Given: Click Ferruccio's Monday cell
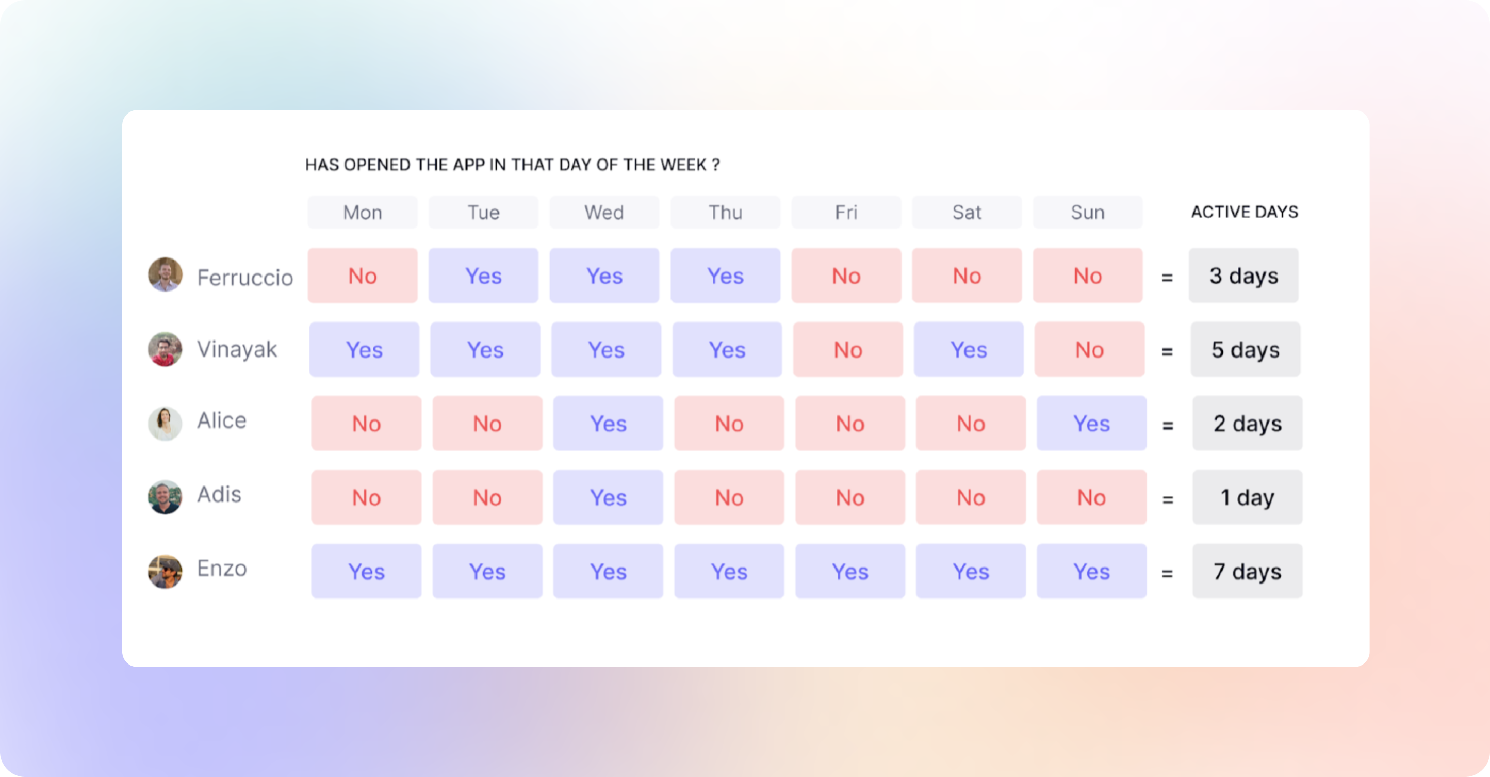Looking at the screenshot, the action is (363, 276).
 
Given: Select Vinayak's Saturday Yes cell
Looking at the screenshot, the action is (969, 349).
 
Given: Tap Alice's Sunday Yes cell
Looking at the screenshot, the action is (1091, 424).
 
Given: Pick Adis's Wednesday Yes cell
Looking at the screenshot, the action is (608, 497).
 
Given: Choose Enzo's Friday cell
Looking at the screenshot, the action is (849, 572).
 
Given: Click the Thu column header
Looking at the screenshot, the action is (725, 213).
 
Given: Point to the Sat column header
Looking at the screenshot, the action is (967, 213).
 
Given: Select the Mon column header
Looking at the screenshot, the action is (363, 213).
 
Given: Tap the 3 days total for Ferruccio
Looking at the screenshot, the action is (1243, 276).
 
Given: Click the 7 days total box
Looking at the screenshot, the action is (1248, 572).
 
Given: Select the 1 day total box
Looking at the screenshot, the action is (1248, 497).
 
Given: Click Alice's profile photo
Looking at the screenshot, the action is (165, 423).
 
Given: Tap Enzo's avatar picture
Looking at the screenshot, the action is (165, 572).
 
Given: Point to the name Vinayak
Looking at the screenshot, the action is (237, 350).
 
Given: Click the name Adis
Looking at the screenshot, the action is (219, 495).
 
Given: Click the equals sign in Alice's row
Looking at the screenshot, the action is (1168, 425).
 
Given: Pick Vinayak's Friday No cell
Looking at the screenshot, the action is (848, 349).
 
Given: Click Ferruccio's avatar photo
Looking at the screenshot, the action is (165, 275).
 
